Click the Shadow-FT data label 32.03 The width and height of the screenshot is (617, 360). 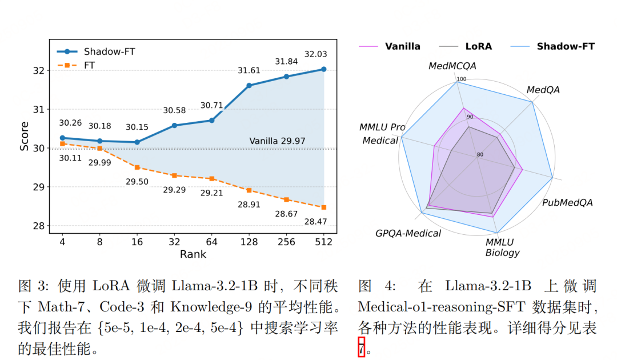pos(316,55)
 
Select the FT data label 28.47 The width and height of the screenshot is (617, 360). pos(316,221)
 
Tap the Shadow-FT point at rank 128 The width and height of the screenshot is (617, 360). pos(249,86)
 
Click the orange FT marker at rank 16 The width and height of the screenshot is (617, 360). pos(137,167)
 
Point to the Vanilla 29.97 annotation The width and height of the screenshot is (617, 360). pos(277,141)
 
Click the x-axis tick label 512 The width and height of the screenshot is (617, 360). pos(324,242)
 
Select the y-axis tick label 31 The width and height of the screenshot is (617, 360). pos(38,109)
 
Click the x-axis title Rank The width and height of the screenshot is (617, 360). pos(193,254)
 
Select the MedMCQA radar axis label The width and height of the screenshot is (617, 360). pos(452,66)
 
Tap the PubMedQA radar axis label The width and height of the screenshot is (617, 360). pos(567,203)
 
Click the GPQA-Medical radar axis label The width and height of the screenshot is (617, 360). pos(408,233)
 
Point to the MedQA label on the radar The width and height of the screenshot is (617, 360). pos(543,90)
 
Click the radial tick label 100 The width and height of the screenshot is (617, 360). pos(462,79)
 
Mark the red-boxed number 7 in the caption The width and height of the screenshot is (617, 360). pos(361,346)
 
